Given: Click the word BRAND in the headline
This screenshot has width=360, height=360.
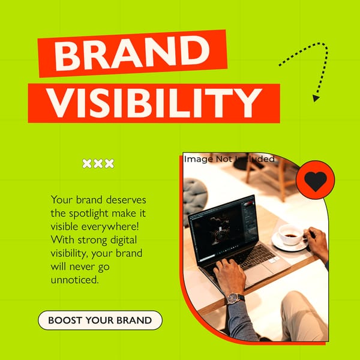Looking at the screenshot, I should pyautogui.click(x=132, y=55).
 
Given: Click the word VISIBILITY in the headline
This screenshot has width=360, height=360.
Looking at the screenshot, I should pyautogui.click(x=154, y=103).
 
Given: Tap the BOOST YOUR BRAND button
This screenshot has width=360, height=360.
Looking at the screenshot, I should pyautogui.click(x=100, y=320).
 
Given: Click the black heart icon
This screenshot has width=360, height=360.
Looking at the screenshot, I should pyautogui.click(x=315, y=181).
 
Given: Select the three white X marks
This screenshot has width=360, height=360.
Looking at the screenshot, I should pyautogui.click(x=98, y=163).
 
